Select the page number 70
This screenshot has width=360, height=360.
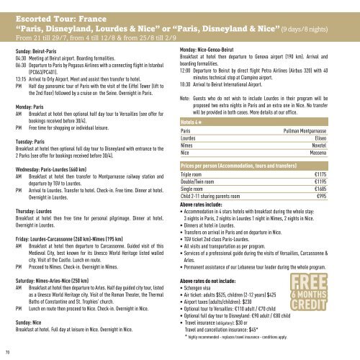(x=6, y=353)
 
